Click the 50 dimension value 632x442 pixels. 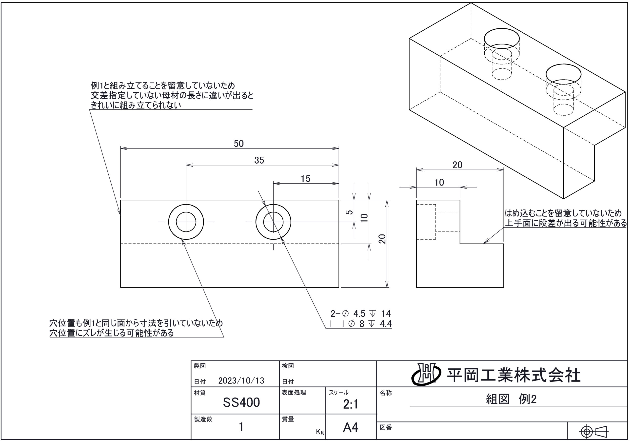(x=239, y=144)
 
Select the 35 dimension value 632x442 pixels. (x=259, y=160)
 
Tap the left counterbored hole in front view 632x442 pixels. (x=186, y=222)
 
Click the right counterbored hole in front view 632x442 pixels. (x=273, y=222)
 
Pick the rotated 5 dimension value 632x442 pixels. (x=349, y=212)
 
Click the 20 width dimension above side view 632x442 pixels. (x=457, y=165)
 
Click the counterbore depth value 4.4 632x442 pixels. (x=386, y=324)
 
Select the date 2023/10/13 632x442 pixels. (x=241, y=380)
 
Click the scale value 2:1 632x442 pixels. (x=350, y=404)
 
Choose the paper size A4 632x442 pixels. (x=350, y=427)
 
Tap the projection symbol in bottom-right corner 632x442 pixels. (x=594, y=431)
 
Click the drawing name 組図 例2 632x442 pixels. (x=511, y=399)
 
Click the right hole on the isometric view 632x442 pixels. (x=563, y=74)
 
